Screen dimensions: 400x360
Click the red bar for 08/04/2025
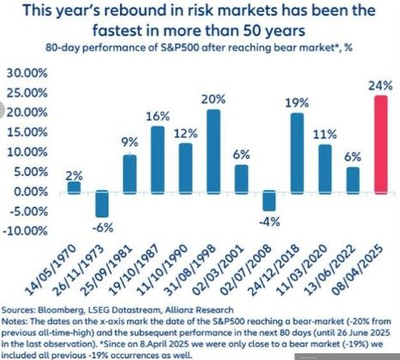coord(381,145)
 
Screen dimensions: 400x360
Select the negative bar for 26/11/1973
coord(102,204)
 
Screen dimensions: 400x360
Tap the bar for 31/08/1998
coord(214,152)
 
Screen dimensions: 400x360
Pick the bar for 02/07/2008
coord(270,200)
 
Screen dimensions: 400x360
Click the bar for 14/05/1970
coord(74,188)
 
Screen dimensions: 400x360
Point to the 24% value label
coord(380,86)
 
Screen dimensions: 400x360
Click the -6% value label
coord(103,229)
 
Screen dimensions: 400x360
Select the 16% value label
coord(158,117)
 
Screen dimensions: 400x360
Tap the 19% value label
coord(297,103)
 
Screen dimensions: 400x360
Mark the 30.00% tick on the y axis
coord(27,73)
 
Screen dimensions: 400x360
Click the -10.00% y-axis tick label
coord(25,231)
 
